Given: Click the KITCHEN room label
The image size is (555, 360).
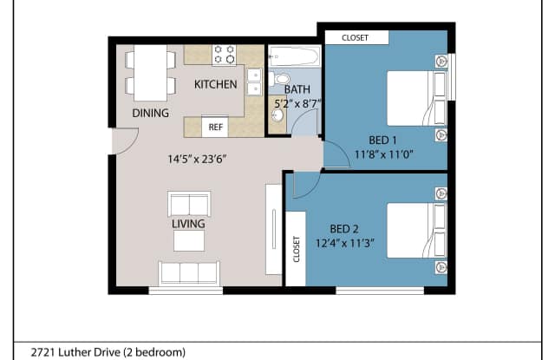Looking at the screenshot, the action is (216, 84).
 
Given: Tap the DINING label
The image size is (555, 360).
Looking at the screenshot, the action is (150, 113).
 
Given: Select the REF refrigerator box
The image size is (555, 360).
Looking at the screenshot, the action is (215, 127).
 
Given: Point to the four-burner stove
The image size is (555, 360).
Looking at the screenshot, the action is (224, 55).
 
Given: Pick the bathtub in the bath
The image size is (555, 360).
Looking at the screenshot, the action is (295, 56).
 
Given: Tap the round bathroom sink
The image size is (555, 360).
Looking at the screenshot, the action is (277, 115).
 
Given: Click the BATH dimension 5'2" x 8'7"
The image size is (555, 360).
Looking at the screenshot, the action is (297, 104).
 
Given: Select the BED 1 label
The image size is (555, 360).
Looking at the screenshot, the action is (382, 141).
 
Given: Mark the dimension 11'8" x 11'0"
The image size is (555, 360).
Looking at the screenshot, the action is (383, 154).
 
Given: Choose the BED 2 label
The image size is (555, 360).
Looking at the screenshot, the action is (344, 229).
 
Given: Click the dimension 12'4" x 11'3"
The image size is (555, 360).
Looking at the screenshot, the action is (345, 243).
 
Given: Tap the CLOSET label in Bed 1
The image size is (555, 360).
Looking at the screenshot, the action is (355, 37).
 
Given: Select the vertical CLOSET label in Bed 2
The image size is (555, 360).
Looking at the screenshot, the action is (297, 249).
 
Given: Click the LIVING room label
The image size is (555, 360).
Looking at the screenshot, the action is (188, 224).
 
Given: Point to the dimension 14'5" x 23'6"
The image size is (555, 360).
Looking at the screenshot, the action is (197, 159).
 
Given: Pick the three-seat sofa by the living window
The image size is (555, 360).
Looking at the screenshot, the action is (189, 273).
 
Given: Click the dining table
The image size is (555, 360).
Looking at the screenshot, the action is (150, 73).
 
